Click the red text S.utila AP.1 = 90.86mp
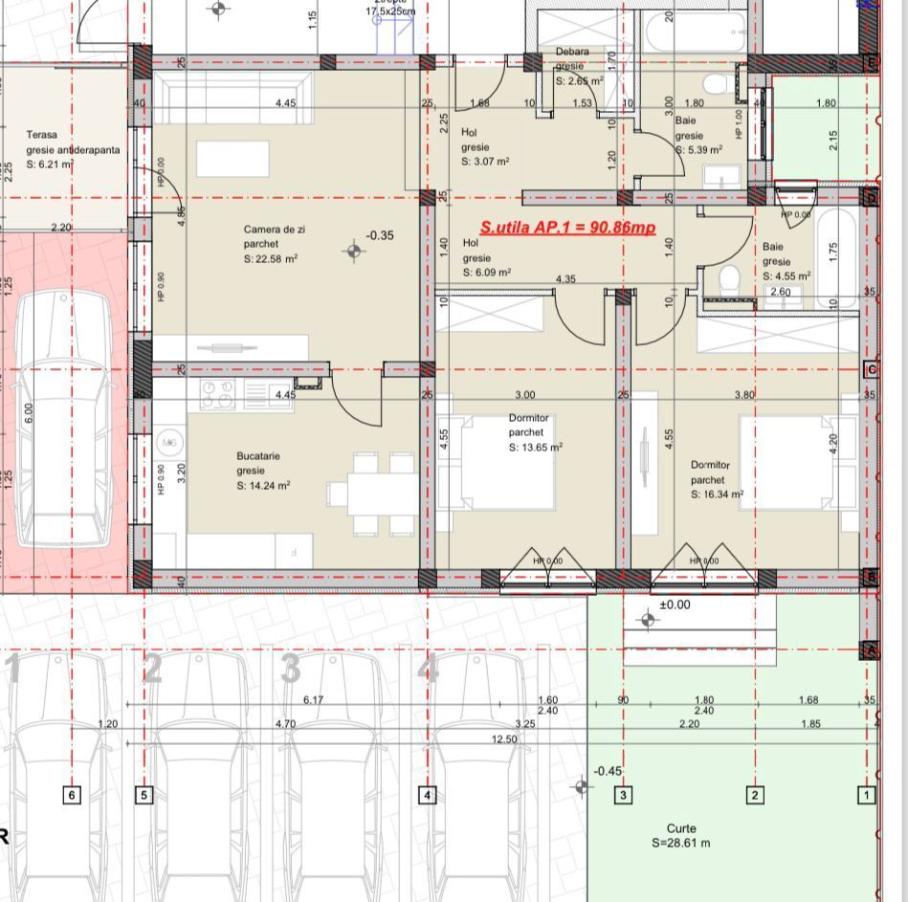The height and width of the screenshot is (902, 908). click(x=567, y=228)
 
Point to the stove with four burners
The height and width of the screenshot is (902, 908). click(x=217, y=393)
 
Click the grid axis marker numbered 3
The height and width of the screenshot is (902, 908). click(x=623, y=795)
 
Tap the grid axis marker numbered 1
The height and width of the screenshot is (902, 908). click(x=867, y=795)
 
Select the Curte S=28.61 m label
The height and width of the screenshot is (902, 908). click(x=680, y=836)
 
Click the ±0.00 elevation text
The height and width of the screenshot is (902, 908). click(x=675, y=605)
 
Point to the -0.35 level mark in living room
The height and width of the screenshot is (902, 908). click(x=380, y=235)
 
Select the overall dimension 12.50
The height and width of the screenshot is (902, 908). click(x=503, y=739)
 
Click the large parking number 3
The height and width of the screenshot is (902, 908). click(x=291, y=669)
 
